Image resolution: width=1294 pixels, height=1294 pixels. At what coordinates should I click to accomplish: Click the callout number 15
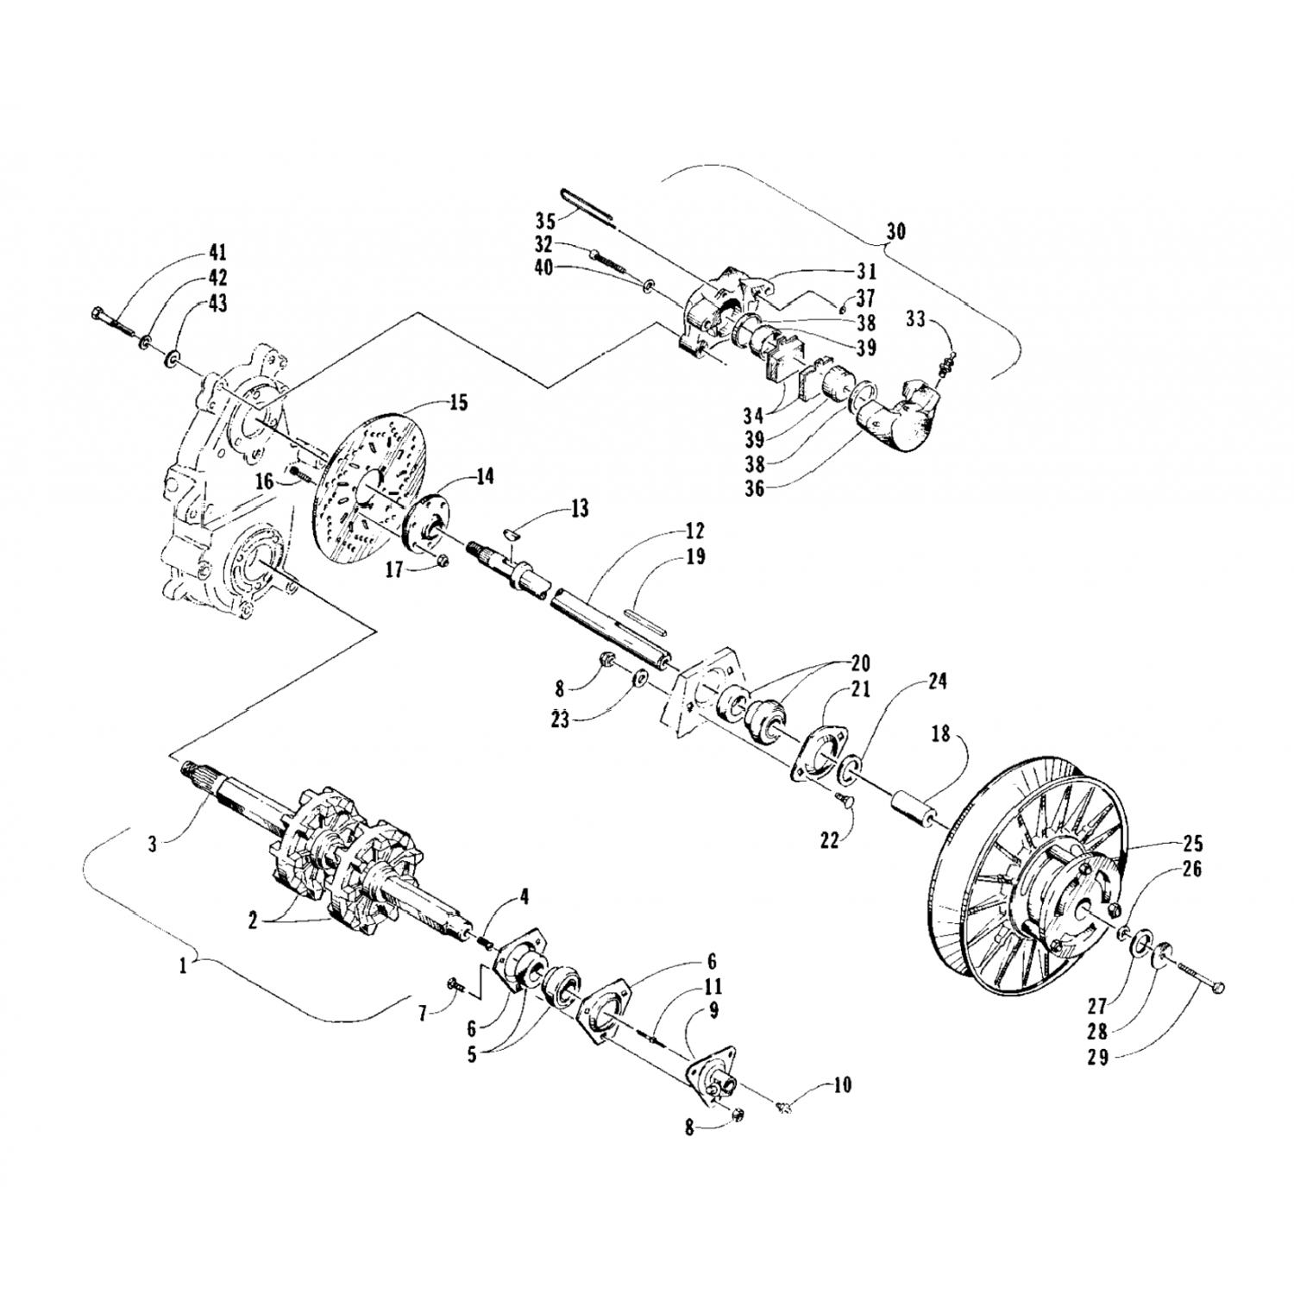coord(458,403)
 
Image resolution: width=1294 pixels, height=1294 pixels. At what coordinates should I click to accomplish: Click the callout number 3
coord(152,844)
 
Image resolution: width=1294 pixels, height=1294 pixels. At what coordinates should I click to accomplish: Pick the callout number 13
coord(579,509)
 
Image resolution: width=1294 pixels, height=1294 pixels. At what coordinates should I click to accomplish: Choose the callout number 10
coord(841,1084)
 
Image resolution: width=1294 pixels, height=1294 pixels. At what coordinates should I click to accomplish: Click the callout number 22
coord(829,840)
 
